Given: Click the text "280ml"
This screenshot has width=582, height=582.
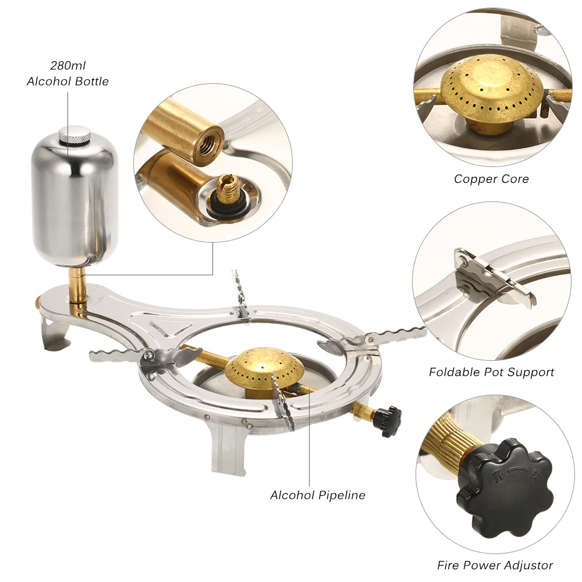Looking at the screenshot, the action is pos(68,66).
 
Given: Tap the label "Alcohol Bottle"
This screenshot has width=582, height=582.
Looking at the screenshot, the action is pos(68,81).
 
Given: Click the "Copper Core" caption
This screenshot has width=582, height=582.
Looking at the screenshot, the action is pos(491,179).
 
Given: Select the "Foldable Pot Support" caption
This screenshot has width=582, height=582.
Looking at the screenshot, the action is pos(491,372).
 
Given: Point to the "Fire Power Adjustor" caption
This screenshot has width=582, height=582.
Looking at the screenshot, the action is pos(495,565).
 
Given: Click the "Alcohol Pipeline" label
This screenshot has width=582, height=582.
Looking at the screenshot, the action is pos(318,495).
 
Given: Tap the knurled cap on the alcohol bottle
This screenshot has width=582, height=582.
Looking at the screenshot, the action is pos(73,134).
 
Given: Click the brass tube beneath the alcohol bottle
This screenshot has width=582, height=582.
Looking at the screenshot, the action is pos(77,285).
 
